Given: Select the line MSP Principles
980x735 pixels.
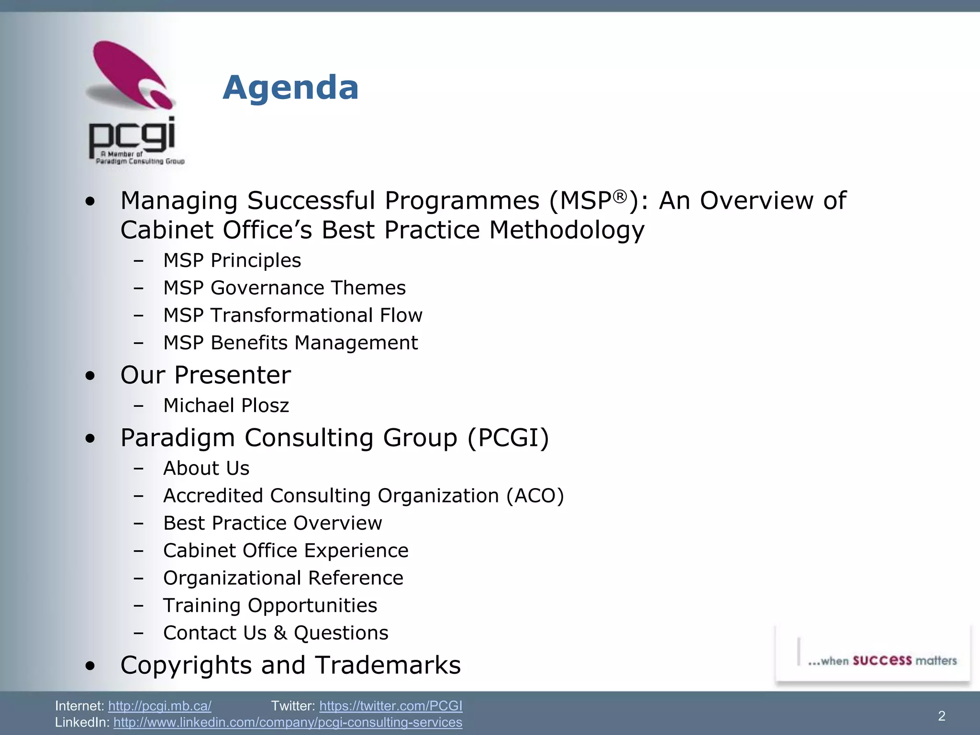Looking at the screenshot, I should (x=232, y=260).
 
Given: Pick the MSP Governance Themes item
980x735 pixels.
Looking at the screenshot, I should (x=284, y=288).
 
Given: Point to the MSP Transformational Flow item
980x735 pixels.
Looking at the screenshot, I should (x=293, y=315).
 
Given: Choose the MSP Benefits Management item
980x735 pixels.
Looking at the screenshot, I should (x=290, y=343).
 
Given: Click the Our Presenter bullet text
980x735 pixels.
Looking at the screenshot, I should (x=206, y=375).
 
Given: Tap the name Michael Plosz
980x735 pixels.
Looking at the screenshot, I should (x=226, y=405).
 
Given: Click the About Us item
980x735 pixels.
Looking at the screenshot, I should (x=206, y=468).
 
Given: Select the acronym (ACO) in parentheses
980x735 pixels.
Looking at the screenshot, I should (x=535, y=495).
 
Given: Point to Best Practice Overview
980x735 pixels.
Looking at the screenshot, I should (x=273, y=523).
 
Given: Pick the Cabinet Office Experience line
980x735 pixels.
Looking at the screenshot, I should (x=286, y=550).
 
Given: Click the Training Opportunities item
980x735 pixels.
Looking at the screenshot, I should (x=270, y=605).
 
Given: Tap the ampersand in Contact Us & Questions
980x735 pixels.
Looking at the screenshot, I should (x=280, y=633).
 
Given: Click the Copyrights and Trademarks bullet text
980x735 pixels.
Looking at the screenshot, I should (x=290, y=665).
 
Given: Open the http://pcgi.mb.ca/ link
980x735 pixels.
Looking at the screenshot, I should (x=160, y=706).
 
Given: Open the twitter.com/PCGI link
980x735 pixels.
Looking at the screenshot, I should (x=390, y=706).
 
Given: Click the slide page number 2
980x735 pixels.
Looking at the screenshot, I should (x=941, y=716).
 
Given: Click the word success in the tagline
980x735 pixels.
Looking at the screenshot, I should (x=882, y=660).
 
